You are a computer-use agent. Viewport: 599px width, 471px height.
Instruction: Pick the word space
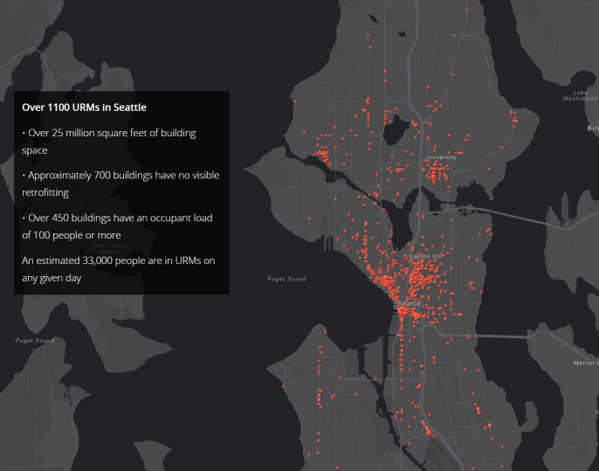pyautogui.click(x=35, y=150)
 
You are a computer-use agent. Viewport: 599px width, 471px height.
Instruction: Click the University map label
pyautogui.click(x=441, y=157)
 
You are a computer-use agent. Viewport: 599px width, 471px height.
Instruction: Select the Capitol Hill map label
pyautogui.click(x=426, y=256)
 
